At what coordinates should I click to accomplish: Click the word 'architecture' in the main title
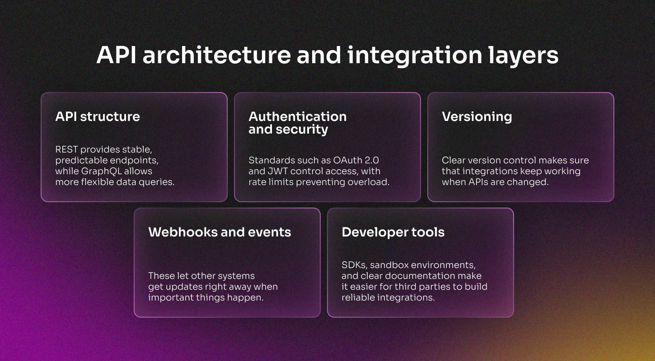(x=217, y=55)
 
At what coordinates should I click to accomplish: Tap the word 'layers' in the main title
(x=524, y=56)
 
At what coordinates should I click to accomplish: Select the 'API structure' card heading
(x=98, y=116)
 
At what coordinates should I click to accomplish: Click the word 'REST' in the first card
(x=66, y=149)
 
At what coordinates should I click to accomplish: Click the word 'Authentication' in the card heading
(x=298, y=116)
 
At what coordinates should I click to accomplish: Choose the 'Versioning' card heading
(x=477, y=117)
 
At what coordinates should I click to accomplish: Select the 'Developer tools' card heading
(x=393, y=232)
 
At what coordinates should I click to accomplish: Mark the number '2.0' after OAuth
(x=372, y=160)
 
